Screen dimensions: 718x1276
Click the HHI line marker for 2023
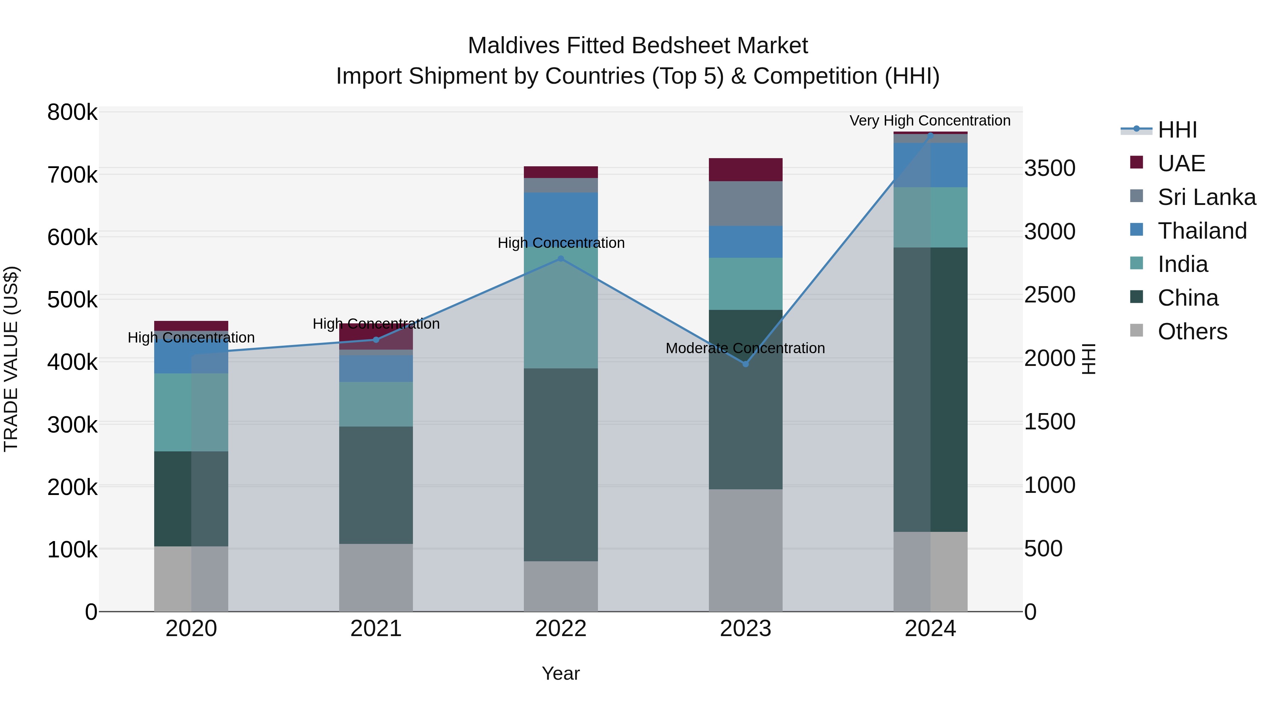pos(745,364)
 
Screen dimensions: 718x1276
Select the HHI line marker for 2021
pos(376,340)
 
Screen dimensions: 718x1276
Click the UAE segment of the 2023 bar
pos(745,170)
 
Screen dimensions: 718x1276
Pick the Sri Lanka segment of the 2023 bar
pos(745,204)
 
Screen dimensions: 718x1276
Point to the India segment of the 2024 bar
pos(930,218)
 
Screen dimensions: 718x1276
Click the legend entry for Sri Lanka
pos(1206,197)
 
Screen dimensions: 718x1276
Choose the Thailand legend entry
pos(1202,231)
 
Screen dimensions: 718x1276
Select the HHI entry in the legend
pos(1177,130)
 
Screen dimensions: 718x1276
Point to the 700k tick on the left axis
pos(72,175)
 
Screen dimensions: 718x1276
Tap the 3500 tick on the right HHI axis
pos(1050,168)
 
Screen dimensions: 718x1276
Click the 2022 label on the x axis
pos(561,629)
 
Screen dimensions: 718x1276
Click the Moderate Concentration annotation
pos(745,348)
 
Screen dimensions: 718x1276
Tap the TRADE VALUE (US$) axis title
pos(11,359)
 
